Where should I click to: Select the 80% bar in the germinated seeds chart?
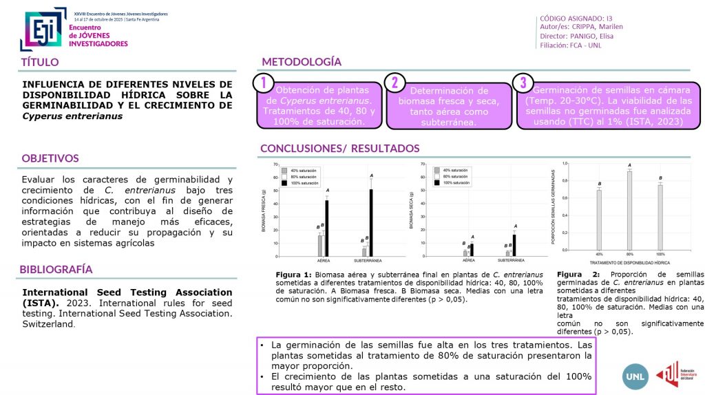pyautogui.click(x=629, y=211)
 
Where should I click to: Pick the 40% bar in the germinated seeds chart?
pyautogui.click(x=599, y=220)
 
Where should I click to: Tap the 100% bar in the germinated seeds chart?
pyautogui.click(x=660, y=217)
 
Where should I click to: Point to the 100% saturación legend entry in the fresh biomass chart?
pyautogui.click(x=304, y=182)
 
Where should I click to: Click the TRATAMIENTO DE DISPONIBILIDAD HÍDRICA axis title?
pyautogui.click(x=630, y=262)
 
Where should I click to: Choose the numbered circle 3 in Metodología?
pyautogui.click(x=523, y=83)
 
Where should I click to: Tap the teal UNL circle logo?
pyautogui.click(x=634, y=376)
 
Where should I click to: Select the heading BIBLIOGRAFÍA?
pyautogui.click(x=56, y=269)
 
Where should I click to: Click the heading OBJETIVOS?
pyautogui.click(x=50, y=158)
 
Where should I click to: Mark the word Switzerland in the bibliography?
pyautogui.click(x=48, y=324)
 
